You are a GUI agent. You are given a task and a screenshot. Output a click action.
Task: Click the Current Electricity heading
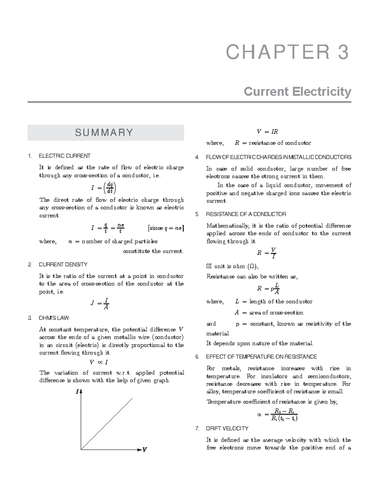click(x=297, y=92)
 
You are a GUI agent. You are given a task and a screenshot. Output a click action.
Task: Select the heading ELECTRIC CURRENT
click(x=64, y=156)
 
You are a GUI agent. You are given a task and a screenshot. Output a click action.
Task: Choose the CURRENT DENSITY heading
click(x=63, y=264)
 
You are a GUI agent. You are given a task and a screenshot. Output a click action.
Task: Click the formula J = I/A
click(x=100, y=304)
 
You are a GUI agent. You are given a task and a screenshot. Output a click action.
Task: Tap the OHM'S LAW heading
click(x=54, y=318)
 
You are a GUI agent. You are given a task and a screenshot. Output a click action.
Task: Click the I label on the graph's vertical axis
click(x=77, y=392)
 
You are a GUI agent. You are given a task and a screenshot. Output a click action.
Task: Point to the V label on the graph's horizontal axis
click(x=145, y=450)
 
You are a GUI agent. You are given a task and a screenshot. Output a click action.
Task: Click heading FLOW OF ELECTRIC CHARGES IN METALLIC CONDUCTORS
click(x=278, y=157)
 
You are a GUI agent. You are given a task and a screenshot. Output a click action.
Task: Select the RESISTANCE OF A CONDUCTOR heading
click(x=246, y=214)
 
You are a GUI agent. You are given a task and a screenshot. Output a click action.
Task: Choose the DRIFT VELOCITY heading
click(x=227, y=428)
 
